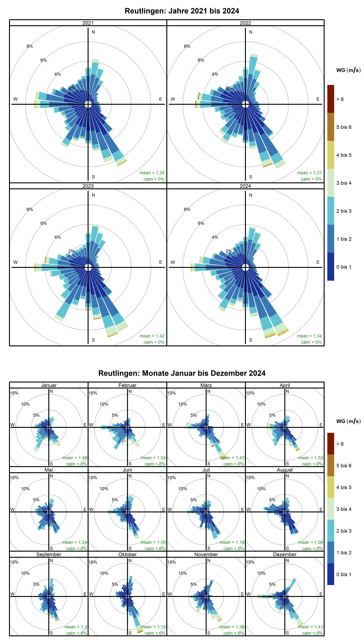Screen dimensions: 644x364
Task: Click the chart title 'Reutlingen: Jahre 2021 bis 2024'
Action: coord(182,11)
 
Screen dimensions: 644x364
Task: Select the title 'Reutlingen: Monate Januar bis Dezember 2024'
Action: coord(182,373)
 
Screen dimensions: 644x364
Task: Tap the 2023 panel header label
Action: coord(88,186)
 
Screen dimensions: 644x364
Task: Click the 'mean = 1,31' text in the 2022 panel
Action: coord(309,173)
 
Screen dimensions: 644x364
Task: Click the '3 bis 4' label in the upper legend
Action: coord(344,183)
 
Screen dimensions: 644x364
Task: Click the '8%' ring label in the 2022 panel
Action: coord(187,46)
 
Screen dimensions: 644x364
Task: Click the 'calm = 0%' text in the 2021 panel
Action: coord(154,179)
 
